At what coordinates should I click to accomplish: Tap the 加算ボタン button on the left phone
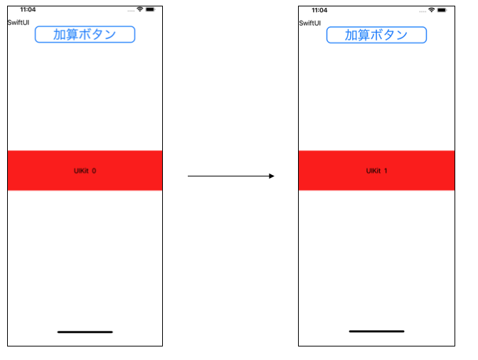tap(85, 34)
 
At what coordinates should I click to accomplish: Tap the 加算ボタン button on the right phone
tap(376, 35)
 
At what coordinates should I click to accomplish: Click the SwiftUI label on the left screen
tap(18, 23)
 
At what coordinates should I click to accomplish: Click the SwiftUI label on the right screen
tap(309, 23)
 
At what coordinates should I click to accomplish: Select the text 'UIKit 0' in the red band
tap(85, 171)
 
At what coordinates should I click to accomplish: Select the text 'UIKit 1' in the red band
tap(376, 171)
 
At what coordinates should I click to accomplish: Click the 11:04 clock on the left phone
tap(28, 9)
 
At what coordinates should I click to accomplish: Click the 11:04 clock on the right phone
tap(319, 10)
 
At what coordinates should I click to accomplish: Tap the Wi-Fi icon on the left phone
tap(140, 9)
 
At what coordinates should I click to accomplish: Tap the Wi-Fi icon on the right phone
tap(431, 10)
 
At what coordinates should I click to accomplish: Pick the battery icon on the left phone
tap(150, 9)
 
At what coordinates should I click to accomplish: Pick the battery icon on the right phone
tap(442, 10)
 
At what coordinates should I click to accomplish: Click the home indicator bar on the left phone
tap(85, 332)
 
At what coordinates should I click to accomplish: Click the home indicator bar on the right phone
tap(376, 331)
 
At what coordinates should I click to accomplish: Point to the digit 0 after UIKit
tap(94, 171)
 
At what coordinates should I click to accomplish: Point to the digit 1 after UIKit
tap(386, 171)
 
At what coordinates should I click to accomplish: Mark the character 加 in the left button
tap(60, 34)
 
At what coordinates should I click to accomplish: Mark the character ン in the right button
tap(401, 36)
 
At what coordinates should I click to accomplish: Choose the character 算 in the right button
tap(363, 35)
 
